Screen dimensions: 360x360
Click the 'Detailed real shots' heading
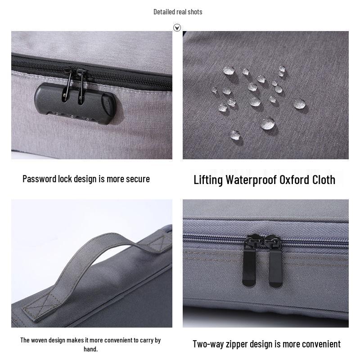click(178, 12)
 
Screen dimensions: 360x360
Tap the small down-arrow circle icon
click(177, 28)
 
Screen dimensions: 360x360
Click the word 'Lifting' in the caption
click(208, 180)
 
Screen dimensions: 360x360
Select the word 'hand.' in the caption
click(90, 349)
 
